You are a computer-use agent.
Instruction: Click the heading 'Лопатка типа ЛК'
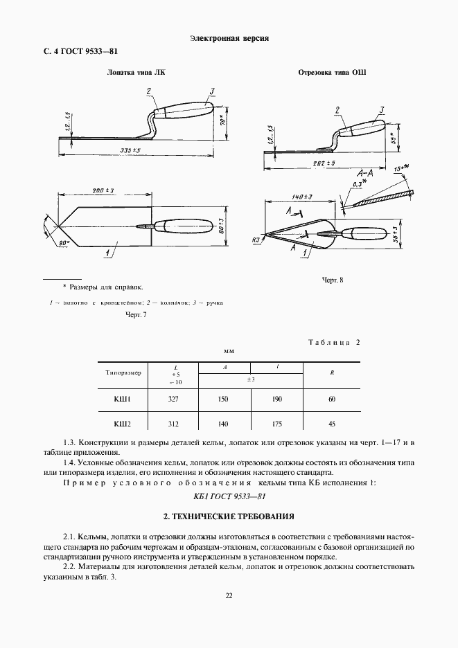136,72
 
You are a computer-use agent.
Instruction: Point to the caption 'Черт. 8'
333,280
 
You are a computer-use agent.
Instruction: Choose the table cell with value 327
174,399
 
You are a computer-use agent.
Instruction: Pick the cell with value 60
333,399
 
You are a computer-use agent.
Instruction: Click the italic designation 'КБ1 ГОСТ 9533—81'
229,496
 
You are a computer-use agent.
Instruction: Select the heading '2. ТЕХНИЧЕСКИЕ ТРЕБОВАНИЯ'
229,516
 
